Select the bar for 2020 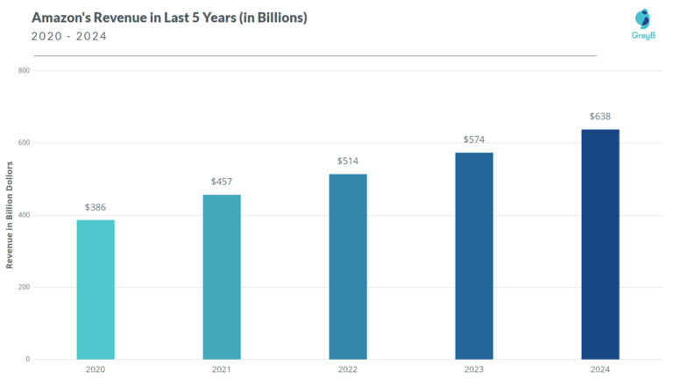pos(96,290)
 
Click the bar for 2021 pos(222,276)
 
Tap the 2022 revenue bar pos(348,267)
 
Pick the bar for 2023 pos(474,255)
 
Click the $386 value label pos(96,207)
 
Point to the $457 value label pos(222,182)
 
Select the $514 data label pos(348,161)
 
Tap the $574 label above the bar pos(474,139)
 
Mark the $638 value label pos(600,117)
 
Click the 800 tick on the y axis pos(24,70)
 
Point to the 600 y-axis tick pos(24,143)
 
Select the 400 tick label pos(24,215)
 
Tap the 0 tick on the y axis pos(27,359)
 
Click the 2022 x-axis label pos(348,370)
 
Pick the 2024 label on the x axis pos(600,370)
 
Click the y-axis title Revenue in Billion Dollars pos(10,215)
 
